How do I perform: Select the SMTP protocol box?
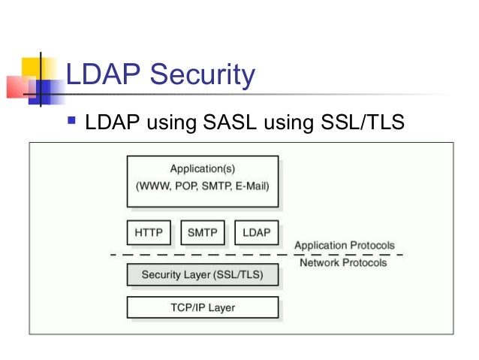(x=203, y=233)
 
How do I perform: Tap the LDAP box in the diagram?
(x=257, y=233)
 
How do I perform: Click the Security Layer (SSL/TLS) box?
(x=203, y=275)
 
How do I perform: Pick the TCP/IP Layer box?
(x=203, y=307)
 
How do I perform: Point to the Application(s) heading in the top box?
(x=203, y=169)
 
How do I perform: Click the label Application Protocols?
(x=344, y=246)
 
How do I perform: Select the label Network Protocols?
(x=343, y=262)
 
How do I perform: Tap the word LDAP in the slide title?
(x=102, y=75)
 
